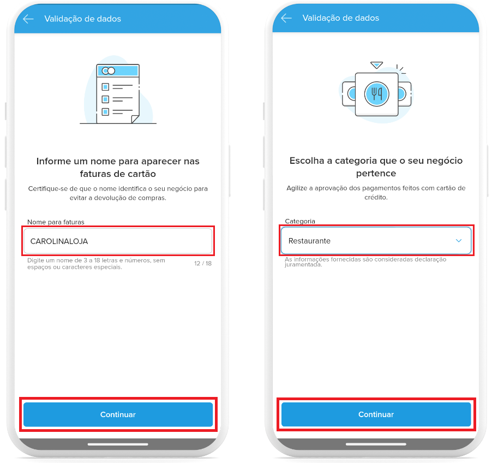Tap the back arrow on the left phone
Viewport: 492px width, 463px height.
point(28,19)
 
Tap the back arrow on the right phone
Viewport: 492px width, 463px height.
point(286,18)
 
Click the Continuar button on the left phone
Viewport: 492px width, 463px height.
point(118,414)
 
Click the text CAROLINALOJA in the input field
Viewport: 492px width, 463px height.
point(59,241)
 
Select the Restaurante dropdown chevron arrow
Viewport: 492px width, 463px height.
point(458,241)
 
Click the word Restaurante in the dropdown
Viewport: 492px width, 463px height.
point(309,241)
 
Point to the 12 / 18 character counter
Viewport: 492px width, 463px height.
point(203,263)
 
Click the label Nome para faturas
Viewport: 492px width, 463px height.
point(56,222)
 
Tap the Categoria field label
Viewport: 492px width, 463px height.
point(300,221)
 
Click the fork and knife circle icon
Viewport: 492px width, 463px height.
point(376,94)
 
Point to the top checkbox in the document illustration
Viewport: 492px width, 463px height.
point(105,87)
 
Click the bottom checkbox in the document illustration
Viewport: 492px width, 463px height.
point(105,112)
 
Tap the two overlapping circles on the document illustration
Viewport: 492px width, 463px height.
point(109,71)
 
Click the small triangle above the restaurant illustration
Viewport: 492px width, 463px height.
point(376,65)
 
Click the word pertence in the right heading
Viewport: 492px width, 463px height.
point(376,174)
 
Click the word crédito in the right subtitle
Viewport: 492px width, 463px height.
point(376,197)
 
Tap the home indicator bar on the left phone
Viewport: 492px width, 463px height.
point(118,444)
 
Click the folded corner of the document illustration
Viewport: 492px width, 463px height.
point(135,119)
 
